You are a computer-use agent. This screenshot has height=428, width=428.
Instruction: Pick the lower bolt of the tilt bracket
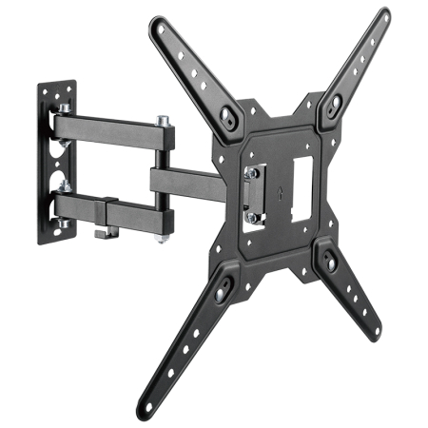(251, 216)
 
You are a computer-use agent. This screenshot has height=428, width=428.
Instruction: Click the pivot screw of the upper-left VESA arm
(227, 117)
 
